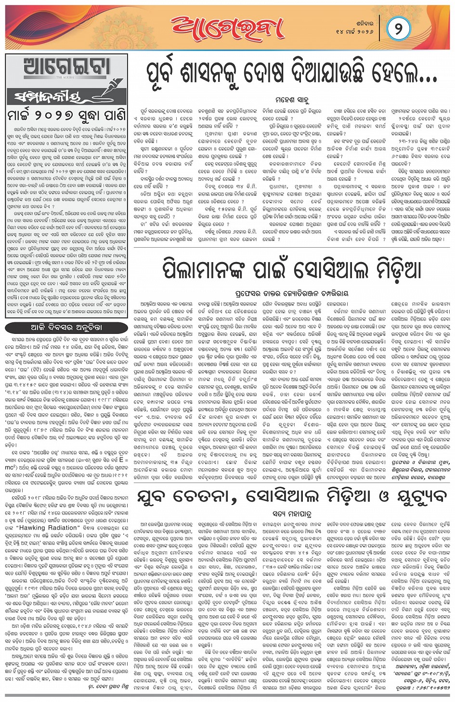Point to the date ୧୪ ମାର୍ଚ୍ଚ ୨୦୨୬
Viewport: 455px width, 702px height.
pos(355,31)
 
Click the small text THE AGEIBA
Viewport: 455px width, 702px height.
pos(66,77)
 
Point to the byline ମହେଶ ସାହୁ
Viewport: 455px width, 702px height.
pos(292,100)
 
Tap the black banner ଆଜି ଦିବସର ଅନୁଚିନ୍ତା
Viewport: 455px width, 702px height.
pos(66,327)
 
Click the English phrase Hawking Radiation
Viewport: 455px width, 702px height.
pos(46,528)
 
